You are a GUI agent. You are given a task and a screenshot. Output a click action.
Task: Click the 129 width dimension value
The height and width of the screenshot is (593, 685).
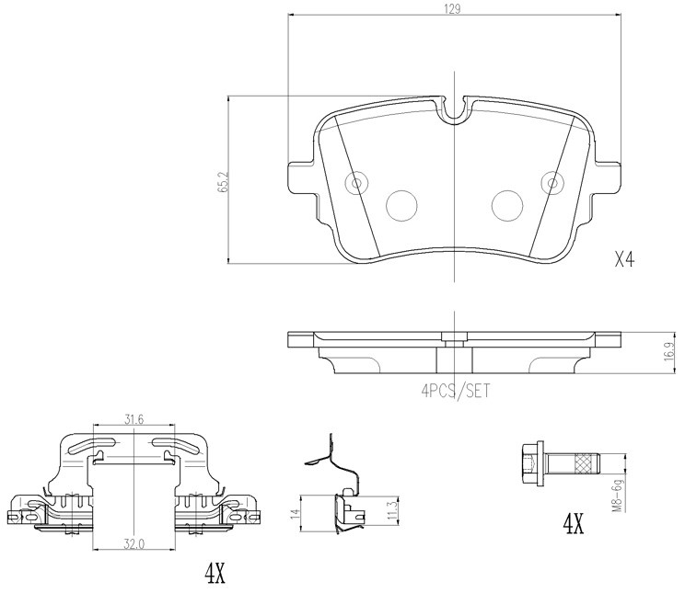[x=454, y=8]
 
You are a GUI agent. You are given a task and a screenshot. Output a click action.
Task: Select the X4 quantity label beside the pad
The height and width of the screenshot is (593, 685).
[x=624, y=260]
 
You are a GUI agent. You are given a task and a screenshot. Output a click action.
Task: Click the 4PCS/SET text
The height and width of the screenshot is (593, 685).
[x=455, y=390]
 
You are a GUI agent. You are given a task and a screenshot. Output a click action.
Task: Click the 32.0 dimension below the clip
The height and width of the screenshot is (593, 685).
[x=134, y=543]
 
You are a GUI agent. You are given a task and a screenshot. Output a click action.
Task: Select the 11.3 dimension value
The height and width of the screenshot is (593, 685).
[x=394, y=510]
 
